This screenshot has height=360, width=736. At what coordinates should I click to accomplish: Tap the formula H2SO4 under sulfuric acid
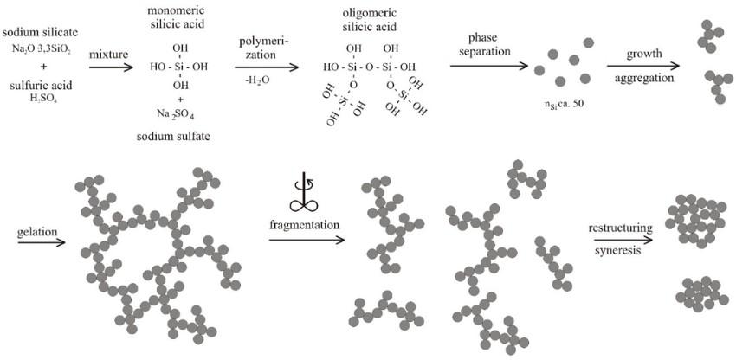pyautogui.click(x=41, y=95)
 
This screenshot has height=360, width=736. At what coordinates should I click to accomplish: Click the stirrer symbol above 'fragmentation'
pyautogui.click(x=305, y=192)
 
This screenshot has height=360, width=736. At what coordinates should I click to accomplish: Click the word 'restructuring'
pyautogui.click(x=620, y=227)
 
